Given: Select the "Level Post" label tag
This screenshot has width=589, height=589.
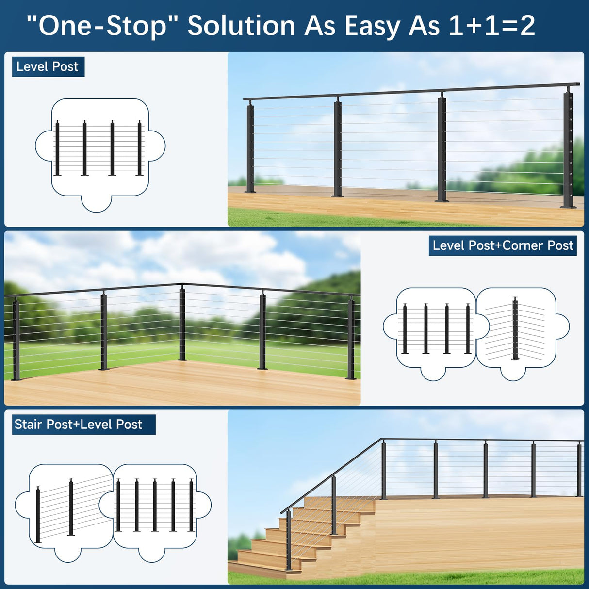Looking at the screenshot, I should click(48, 66).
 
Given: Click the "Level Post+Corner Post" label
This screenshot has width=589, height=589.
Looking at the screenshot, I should click(503, 245).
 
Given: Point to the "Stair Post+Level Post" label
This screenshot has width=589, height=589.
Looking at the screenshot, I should click(79, 425).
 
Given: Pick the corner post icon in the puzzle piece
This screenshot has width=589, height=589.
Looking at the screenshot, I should click(515, 329).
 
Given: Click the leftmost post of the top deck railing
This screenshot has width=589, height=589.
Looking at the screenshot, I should click(250, 148).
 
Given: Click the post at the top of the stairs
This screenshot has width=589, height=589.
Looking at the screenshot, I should click(384, 469).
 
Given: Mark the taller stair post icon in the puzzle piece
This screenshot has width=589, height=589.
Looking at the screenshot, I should click(71, 507).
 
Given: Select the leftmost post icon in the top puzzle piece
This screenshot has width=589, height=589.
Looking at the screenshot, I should click(57, 148).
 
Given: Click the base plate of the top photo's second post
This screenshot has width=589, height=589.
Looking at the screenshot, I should click(337, 196).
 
